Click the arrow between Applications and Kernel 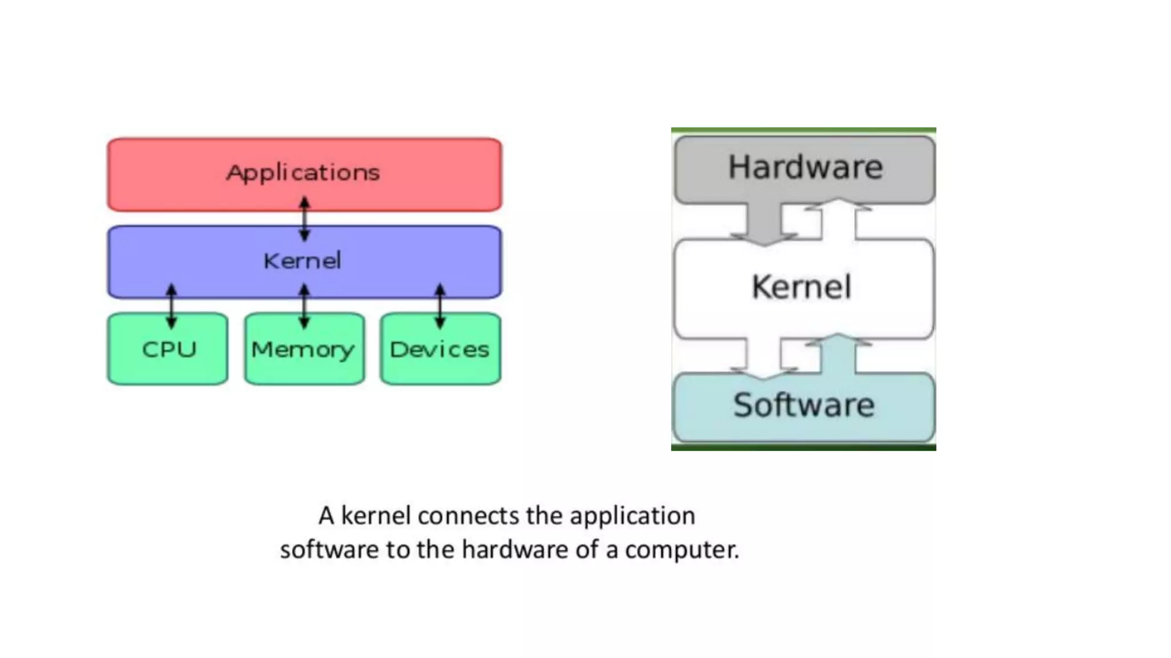(305, 219)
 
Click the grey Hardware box (804, 168)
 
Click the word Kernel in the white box (802, 287)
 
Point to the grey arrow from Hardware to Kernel (764, 223)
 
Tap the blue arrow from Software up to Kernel (838, 354)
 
